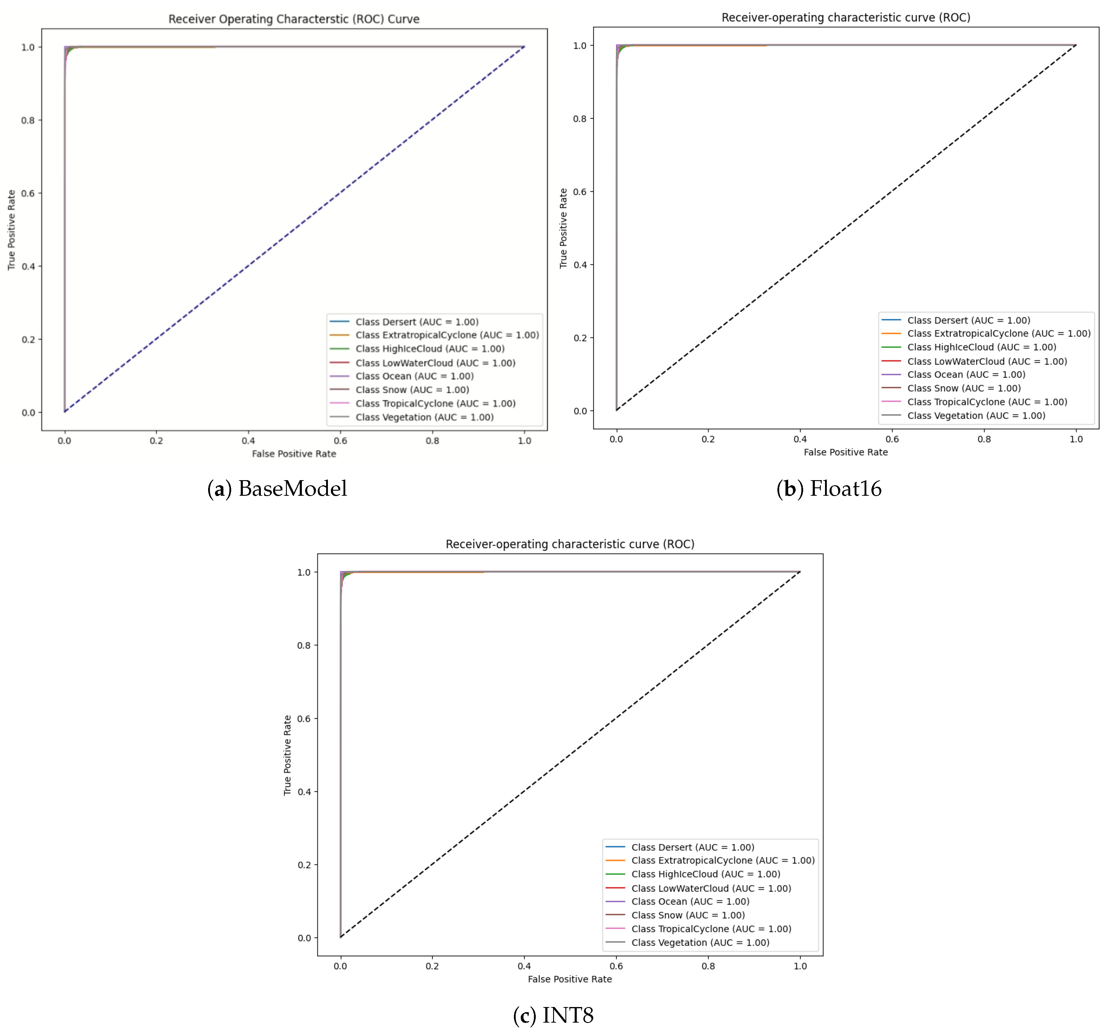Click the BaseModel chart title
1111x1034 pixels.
tap(294, 19)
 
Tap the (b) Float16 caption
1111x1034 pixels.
tap(829, 489)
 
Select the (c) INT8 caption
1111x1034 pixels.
tap(553, 1015)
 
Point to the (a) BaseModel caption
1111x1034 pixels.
tap(277, 489)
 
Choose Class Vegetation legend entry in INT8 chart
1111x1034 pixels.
tap(700, 942)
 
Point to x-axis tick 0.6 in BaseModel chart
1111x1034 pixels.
tap(340, 440)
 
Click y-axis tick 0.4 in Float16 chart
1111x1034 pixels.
tap(580, 265)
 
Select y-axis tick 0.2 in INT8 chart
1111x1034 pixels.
tap(304, 865)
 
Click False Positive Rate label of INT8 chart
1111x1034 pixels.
tap(570, 979)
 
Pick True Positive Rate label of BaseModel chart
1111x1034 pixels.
tap(11, 230)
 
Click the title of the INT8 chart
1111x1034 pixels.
tap(570, 544)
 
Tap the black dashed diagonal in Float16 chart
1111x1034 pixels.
tap(846, 228)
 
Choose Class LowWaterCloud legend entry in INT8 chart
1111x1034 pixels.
tap(711, 888)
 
